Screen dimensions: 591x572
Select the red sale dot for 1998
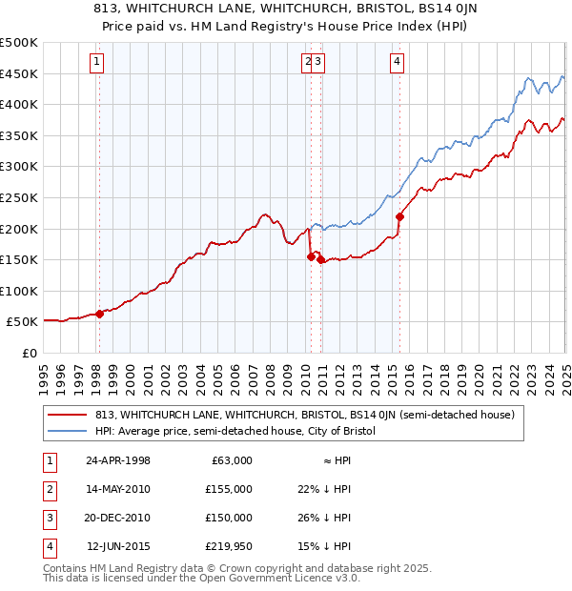coord(100,314)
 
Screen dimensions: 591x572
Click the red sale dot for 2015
coord(399,216)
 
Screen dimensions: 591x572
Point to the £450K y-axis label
coord(19,73)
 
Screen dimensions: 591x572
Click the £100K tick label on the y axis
coord(19,291)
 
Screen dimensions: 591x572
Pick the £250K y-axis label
coord(19,197)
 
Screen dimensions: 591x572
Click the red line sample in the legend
coord(67,415)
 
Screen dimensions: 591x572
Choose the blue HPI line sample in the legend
coord(67,431)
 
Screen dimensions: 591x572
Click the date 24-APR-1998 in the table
coord(119,460)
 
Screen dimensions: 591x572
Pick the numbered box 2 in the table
coord(47,489)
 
